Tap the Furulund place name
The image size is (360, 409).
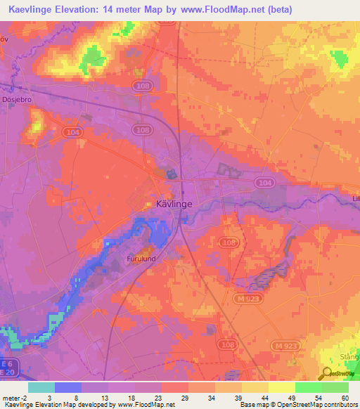tap(141, 258)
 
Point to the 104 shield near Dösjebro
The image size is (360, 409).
tap(70, 131)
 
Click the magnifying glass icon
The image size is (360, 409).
tap(327, 374)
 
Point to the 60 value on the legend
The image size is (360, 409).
tap(344, 397)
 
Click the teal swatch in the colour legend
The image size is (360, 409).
tap(41, 387)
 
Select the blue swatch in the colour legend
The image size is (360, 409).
tap(68, 387)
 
